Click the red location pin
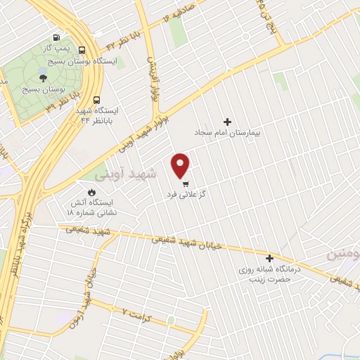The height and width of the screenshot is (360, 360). (x=181, y=165)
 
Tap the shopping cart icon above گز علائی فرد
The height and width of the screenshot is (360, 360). (x=186, y=183)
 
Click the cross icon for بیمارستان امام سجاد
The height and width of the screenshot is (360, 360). (x=226, y=121)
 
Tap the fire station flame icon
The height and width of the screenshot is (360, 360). (x=91, y=191)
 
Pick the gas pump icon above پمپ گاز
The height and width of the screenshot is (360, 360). (x=55, y=38)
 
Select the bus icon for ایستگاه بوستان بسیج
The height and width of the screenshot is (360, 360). (x=83, y=50)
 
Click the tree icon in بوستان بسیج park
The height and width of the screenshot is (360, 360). (x=44, y=79)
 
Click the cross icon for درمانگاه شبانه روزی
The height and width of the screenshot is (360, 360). (x=269, y=258)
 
